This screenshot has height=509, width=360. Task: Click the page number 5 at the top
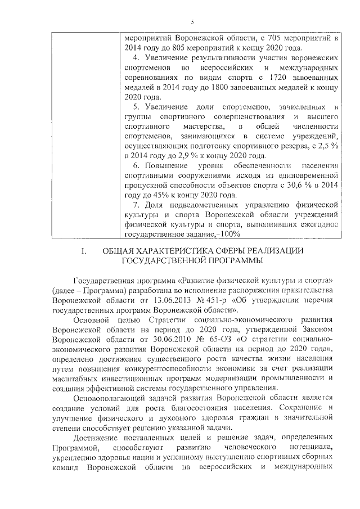[192, 22]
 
